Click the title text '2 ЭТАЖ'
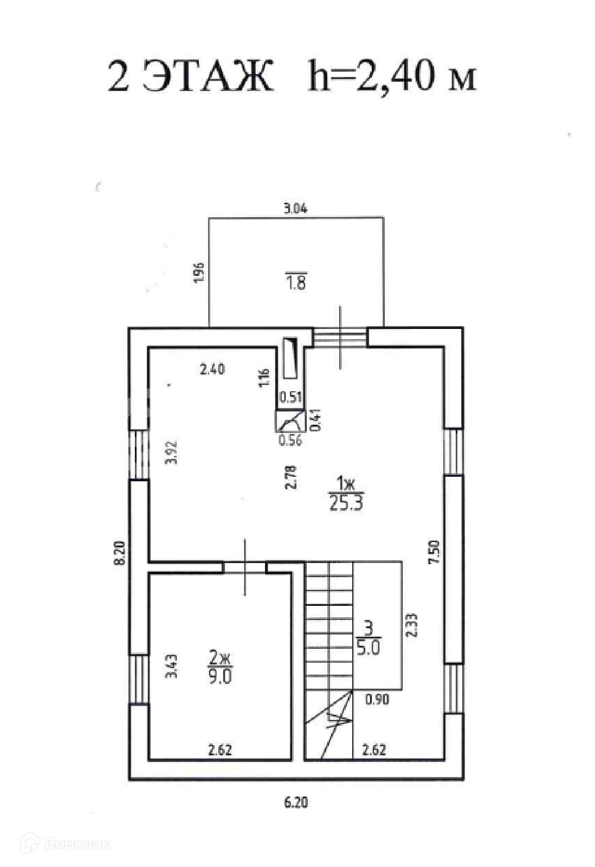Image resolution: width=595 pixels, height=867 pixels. click(190, 76)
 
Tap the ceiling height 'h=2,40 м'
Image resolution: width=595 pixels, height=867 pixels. click(392, 76)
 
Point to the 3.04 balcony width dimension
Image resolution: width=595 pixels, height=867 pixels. click(296, 208)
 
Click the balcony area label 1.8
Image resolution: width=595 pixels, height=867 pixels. click(296, 282)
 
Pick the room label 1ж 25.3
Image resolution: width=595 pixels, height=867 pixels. click(345, 493)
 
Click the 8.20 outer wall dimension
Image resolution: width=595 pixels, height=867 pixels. click(120, 553)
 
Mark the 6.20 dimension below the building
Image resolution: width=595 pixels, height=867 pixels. click(296, 803)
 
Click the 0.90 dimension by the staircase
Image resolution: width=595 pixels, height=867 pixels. click(377, 700)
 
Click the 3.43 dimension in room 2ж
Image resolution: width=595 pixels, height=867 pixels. click(171, 667)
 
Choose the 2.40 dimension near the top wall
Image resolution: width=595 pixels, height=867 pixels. click(212, 370)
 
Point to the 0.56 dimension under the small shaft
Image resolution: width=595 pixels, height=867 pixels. click(290, 440)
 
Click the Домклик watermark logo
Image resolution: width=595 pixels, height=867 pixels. click(66, 844)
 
